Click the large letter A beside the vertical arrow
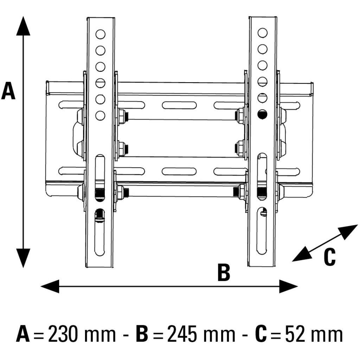point(8,91)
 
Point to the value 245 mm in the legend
point(201,334)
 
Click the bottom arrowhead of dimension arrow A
point(23,258)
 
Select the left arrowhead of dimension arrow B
point(49,286)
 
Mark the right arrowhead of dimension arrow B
point(289,286)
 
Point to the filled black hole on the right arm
point(262,114)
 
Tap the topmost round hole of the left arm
point(101,34)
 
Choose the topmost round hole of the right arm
point(262,33)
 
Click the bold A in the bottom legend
point(23,334)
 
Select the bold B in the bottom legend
point(143,334)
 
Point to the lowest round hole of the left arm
point(101,115)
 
